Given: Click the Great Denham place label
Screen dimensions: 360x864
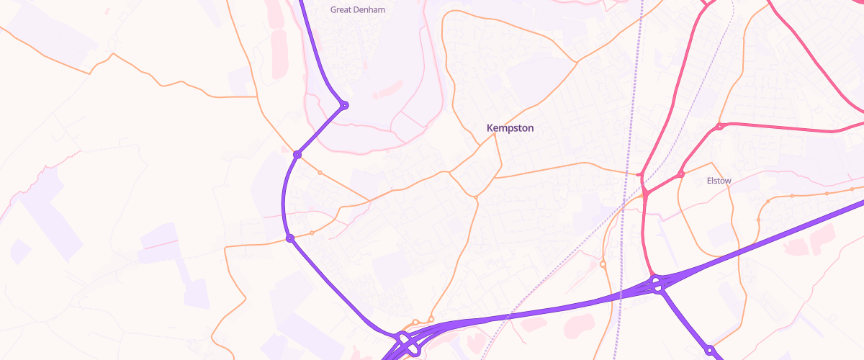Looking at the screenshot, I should [x=357, y=10].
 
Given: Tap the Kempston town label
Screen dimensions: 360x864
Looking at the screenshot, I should [x=510, y=128].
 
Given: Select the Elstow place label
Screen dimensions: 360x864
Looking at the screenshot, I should [x=719, y=181].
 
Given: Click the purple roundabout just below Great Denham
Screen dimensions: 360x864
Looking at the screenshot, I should [x=344, y=105].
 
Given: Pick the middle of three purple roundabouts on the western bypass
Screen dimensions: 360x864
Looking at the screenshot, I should [x=297, y=154].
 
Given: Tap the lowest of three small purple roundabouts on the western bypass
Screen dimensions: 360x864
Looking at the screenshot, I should [x=290, y=238].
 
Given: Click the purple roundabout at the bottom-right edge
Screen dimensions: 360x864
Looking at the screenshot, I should [x=709, y=351].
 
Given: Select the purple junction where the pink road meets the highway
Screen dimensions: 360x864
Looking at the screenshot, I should [x=656, y=284].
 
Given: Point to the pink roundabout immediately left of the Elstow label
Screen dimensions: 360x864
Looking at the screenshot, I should [x=680, y=174].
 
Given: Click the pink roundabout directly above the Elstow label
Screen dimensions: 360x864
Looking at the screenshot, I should [x=719, y=127].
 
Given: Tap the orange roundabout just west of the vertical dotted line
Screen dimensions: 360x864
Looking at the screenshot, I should [x=603, y=264].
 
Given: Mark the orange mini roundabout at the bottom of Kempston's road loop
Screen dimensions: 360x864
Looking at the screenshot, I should [x=476, y=197].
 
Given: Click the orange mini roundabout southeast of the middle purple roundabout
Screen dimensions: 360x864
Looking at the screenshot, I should [x=320, y=173].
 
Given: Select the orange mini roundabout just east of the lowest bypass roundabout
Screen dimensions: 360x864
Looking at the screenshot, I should [x=312, y=233].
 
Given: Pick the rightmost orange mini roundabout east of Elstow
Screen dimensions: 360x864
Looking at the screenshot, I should [x=852, y=189].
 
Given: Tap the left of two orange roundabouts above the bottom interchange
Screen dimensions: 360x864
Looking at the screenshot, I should [x=415, y=322].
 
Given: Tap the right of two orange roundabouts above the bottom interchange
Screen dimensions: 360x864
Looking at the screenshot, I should [x=431, y=319].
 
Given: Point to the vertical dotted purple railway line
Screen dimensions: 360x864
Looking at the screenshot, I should [x=630, y=144].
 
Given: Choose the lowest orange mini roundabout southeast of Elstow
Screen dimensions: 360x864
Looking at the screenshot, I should [x=758, y=220].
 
